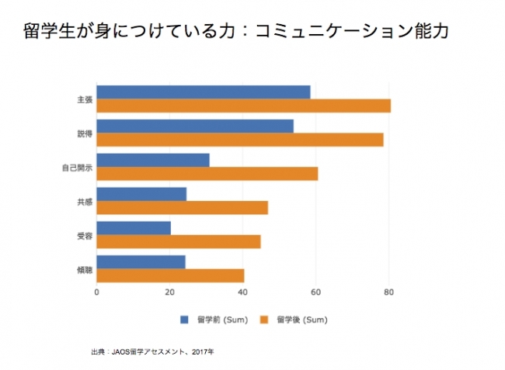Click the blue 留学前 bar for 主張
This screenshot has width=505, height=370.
pyautogui.click(x=203, y=92)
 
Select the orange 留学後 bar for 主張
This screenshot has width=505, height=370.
pyautogui.click(x=243, y=105)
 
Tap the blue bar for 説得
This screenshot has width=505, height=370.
pyautogui.click(x=194, y=126)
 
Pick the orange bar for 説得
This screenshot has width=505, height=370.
pyautogui.click(x=239, y=140)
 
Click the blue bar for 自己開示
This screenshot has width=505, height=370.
pyautogui.click(x=152, y=160)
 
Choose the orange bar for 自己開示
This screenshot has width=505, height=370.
pyautogui.click(x=207, y=174)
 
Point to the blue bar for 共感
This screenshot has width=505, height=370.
pyautogui.click(x=141, y=194)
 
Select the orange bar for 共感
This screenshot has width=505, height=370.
pyautogui.click(x=182, y=208)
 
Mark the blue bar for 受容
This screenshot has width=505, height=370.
pyautogui.click(x=133, y=228)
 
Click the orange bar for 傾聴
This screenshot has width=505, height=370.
pyautogui.click(x=170, y=275)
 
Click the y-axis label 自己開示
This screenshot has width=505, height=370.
pyautogui.click(x=78, y=167)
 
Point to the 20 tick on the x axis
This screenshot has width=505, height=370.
pyautogui.click(x=169, y=292)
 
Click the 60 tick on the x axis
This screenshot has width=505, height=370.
pyautogui.click(x=315, y=292)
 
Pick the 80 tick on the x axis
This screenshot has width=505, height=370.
pyautogui.click(x=388, y=292)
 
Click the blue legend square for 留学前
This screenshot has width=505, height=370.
pyautogui.click(x=185, y=319)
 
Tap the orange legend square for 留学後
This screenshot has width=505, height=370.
pyautogui.click(x=263, y=319)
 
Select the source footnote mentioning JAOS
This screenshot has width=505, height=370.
pyautogui.click(x=152, y=352)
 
